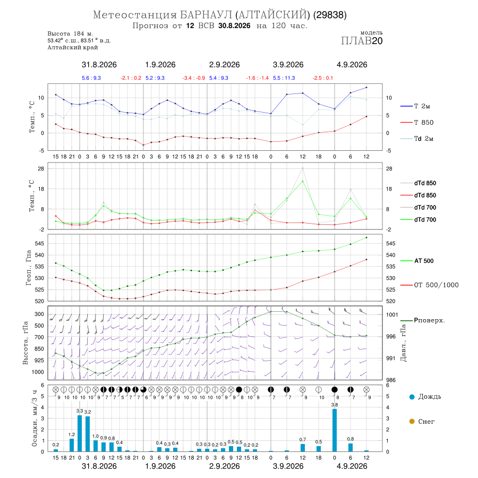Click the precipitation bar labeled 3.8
click(x=335, y=430)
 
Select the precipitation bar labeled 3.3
click(x=80, y=433)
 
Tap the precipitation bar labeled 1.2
click(x=72, y=445)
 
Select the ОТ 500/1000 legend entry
click(x=429, y=285)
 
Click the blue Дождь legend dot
click(x=412, y=397)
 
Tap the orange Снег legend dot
click(x=412, y=422)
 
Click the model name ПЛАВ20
click(x=362, y=41)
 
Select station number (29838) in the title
click(x=330, y=15)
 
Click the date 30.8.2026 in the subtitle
click(x=234, y=26)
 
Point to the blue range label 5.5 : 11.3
click(x=284, y=78)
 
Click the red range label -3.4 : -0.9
click(x=193, y=78)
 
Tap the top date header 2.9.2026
click(x=224, y=65)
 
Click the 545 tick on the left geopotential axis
click(x=40, y=244)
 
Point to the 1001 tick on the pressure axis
click(x=392, y=314)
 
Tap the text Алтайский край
click(x=73, y=48)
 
